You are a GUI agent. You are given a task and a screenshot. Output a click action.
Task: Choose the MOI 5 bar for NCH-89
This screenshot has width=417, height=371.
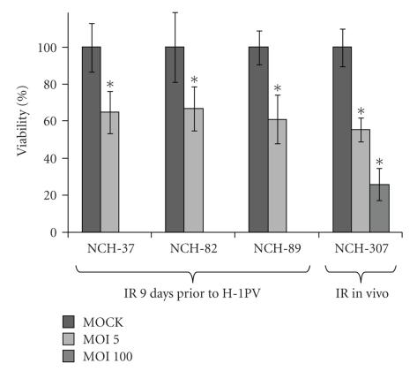277,176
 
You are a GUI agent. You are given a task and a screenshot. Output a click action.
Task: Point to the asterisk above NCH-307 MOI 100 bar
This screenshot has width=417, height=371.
379,163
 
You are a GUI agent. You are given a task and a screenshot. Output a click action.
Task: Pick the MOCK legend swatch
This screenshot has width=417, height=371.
70,323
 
